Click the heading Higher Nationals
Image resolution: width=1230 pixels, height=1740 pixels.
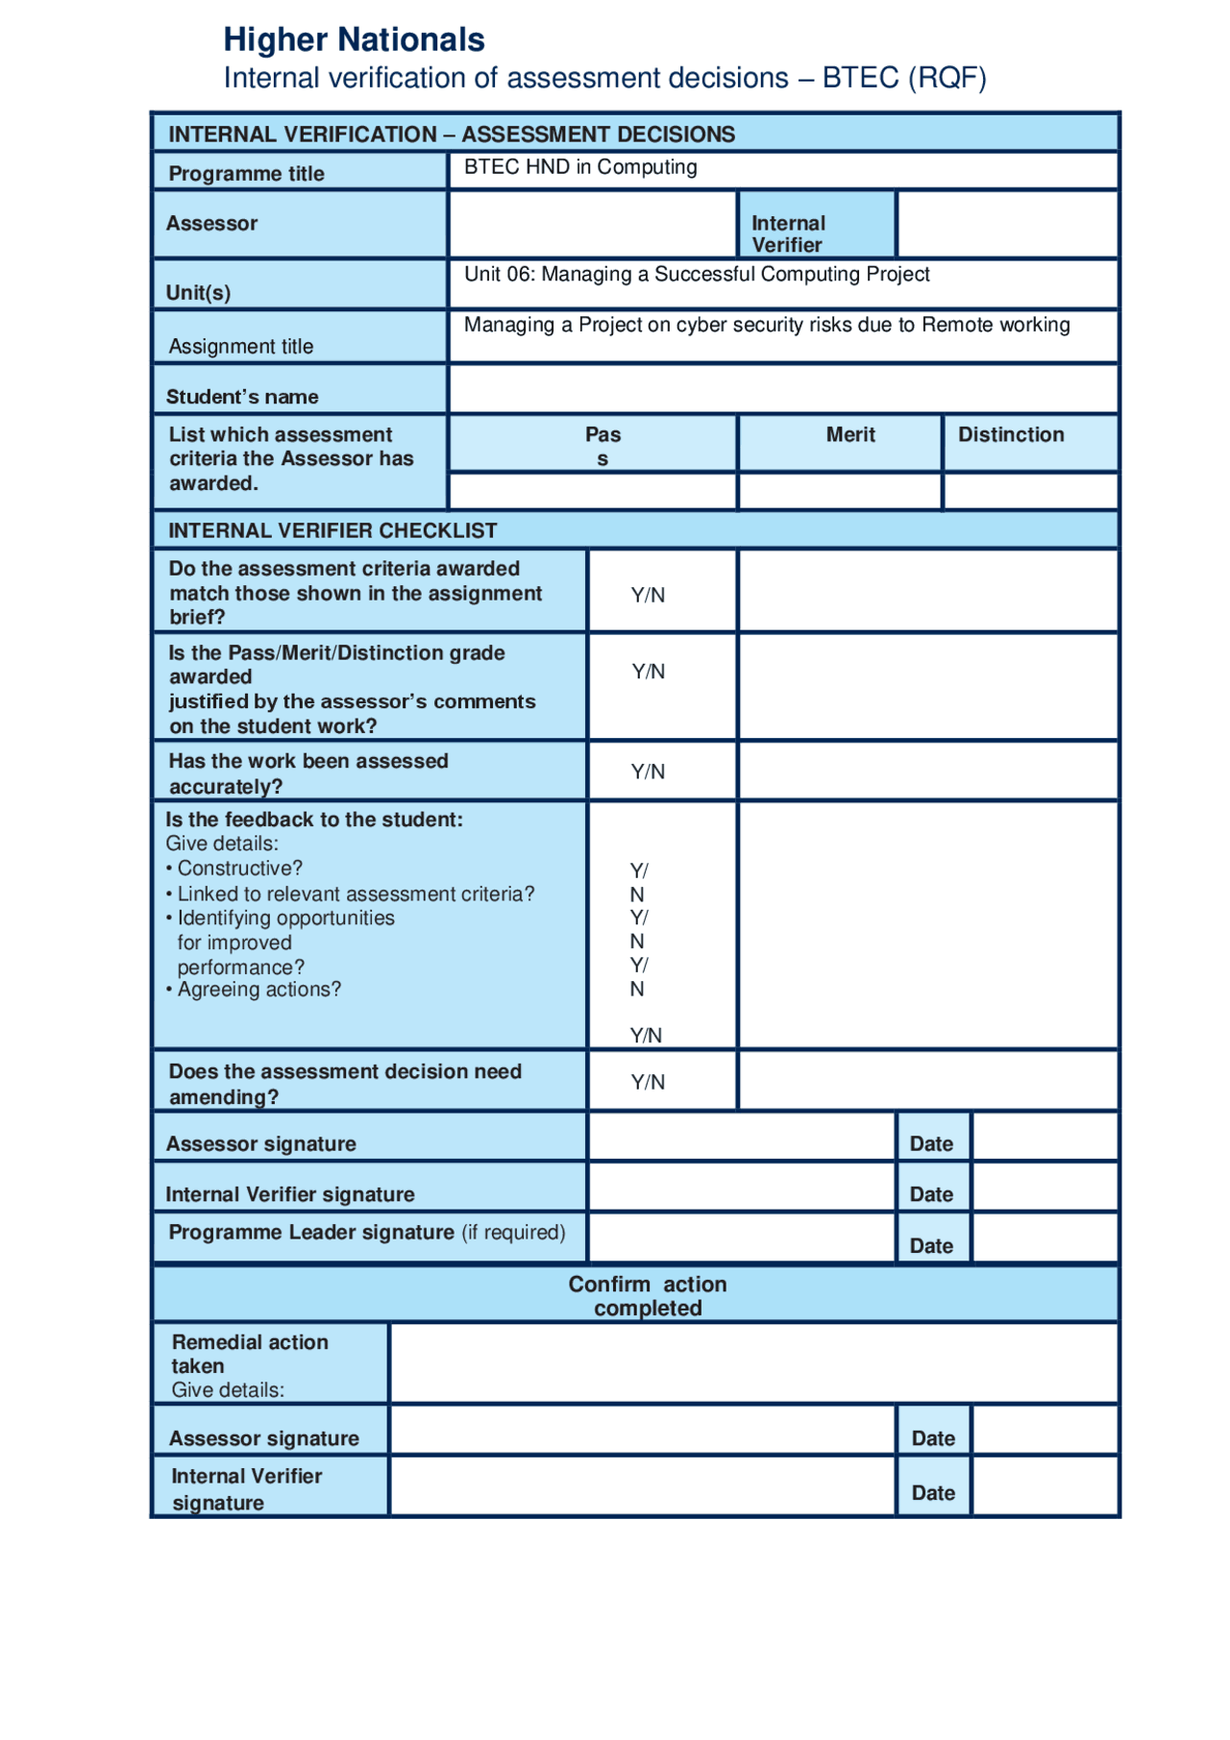[x=354, y=40]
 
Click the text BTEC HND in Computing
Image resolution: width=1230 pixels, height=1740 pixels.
[x=580, y=167]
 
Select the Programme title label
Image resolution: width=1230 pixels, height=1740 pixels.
[x=246, y=174]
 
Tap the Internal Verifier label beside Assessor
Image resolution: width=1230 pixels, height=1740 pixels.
[x=788, y=233]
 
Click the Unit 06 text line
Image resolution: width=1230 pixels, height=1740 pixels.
[x=697, y=275]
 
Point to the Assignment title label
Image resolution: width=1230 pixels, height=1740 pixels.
[x=240, y=347]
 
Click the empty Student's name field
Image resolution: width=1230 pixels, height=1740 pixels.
[x=783, y=389]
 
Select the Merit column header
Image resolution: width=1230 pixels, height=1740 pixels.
[x=850, y=435]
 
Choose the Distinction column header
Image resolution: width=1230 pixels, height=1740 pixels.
[x=1011, y=435]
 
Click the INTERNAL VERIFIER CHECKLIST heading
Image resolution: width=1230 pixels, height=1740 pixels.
[x=332, y=530]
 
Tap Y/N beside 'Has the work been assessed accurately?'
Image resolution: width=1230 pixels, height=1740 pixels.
[x=648, y=772]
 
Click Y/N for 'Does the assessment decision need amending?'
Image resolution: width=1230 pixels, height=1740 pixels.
[x=648, y=1082]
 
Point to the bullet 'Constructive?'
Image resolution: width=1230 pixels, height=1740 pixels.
[x=239, y=869]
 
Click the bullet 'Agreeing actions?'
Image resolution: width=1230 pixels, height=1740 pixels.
[x=258, y=990]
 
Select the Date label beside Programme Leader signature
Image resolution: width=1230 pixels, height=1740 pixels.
[x=931, y=1246]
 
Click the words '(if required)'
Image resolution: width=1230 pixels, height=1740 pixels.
[x=514, y=1233]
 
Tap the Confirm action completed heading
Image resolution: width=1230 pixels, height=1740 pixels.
[x=648, y=1296]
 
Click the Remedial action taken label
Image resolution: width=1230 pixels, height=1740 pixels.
[x=250, y=1354]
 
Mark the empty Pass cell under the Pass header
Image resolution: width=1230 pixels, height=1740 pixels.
[x=592, y=492]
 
